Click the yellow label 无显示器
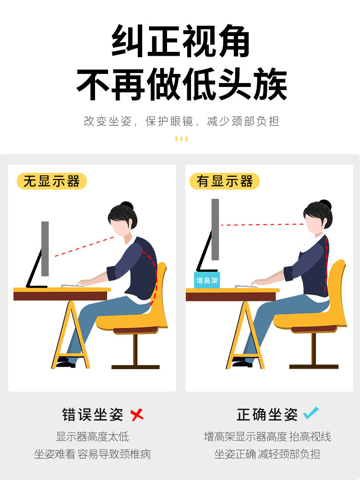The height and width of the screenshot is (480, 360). point(52,181)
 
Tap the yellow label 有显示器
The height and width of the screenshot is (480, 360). point(224,181)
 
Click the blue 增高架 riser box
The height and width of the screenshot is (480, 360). point(206,280)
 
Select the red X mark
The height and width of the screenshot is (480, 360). point(137,415)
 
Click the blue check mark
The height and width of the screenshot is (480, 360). point(311,413)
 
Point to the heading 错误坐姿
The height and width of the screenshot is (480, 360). point(93,415)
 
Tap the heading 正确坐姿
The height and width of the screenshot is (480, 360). point(267,415)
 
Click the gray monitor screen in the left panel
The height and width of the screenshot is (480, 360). point(45,249)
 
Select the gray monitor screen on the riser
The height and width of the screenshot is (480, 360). point(215,229)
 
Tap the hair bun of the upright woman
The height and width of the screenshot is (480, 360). point(325,204)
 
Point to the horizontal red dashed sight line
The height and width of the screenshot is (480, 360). point(263,225)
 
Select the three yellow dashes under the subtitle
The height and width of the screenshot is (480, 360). point(181,139)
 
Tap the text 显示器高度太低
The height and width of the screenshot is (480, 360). point(93,436)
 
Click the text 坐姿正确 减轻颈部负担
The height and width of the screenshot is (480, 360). point(267,454)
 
